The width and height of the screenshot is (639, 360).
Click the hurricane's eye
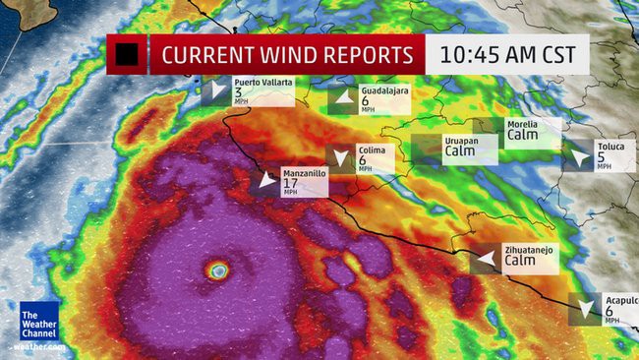[218, 270]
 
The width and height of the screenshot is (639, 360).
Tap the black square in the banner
[126, 54]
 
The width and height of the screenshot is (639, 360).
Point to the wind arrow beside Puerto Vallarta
[215, 92]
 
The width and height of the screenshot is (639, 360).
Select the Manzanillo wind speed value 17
[290, 183]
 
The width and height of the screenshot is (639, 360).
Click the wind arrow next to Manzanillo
[265, 181]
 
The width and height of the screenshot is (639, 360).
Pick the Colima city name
[377, 150]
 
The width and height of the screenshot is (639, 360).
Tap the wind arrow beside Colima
[341, 158]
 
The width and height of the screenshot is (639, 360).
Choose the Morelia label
[521, 125]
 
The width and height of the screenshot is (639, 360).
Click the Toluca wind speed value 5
[601, 156]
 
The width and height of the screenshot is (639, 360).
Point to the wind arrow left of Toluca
[576, 157]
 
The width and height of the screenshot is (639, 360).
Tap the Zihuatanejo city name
[529, 250]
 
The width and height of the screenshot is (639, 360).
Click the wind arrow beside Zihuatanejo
[484, 260]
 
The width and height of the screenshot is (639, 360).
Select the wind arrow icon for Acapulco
[587, 308]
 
